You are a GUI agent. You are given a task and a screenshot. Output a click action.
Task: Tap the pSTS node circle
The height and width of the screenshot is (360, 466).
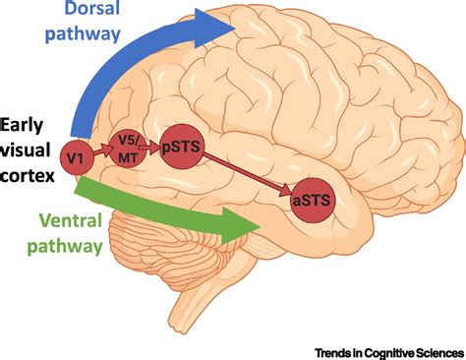tap(181, 144)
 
